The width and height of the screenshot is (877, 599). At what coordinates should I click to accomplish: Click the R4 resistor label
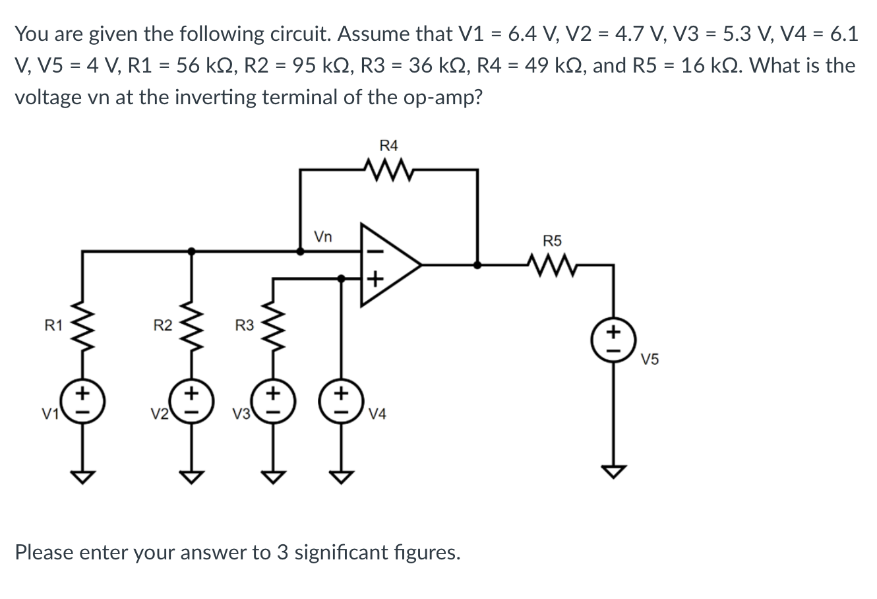[x=389, y=145]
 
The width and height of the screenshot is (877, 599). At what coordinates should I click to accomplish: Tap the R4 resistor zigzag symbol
[x=389, y=171]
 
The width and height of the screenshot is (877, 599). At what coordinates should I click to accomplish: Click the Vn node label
[x=323, y=236]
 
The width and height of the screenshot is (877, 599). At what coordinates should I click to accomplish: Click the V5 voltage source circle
[x=614, y=338]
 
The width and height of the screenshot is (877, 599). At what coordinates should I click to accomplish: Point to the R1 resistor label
[x=53, y=325]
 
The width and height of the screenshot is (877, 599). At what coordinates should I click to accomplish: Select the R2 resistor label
[x=162, y=325]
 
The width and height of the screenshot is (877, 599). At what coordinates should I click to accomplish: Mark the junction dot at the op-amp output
[x=477, y=265]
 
